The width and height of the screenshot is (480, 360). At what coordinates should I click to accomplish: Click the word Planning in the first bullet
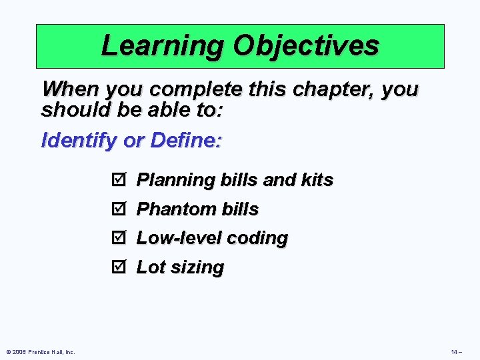(167, 180)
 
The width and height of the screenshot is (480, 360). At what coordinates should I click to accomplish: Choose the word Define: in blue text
(187, 141)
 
